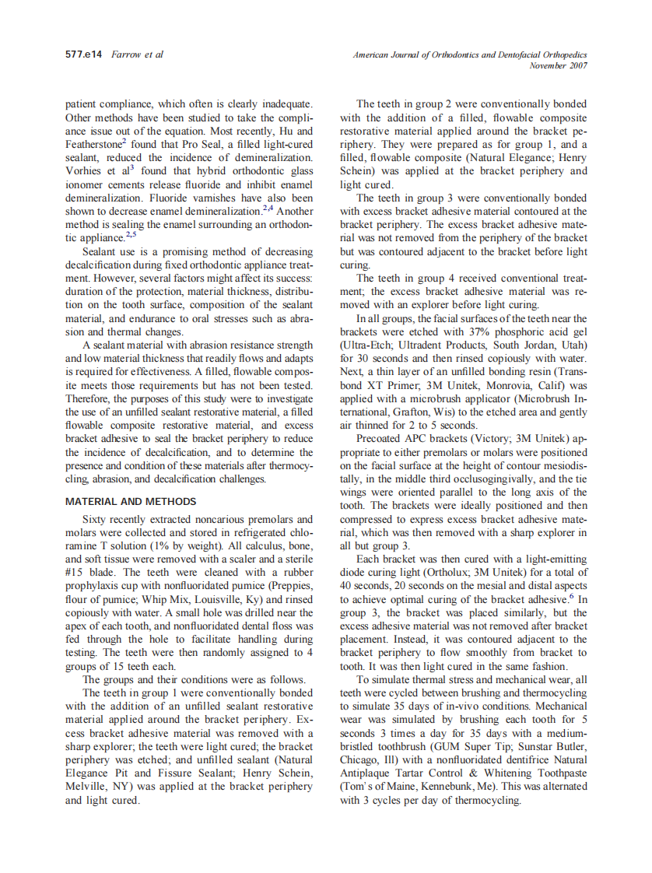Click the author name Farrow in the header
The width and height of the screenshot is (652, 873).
[126, 55]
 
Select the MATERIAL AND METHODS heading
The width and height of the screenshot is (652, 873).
[131, 502]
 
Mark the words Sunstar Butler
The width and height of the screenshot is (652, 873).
[544, 746]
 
